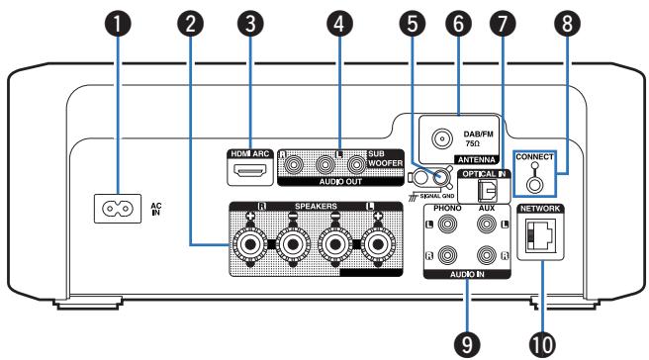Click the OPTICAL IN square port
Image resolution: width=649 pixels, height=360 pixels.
486,189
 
